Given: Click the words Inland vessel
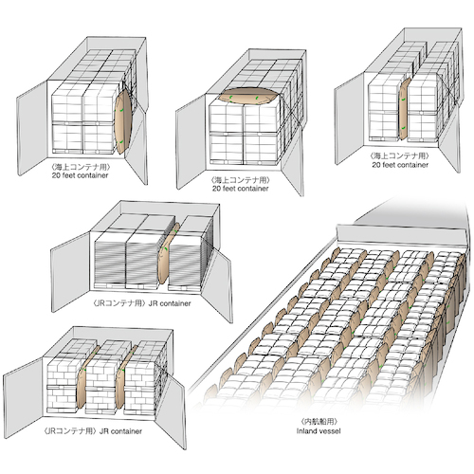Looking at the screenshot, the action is coord(319,431).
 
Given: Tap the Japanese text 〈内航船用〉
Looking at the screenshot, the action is coord(319,421).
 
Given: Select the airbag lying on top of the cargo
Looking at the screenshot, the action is coord(248,95).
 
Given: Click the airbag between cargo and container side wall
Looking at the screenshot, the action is coord(122,121).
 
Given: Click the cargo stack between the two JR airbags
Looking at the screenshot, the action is coord(102,376).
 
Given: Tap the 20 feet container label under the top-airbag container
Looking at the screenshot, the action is coord(241,189).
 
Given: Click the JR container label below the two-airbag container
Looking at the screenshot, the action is coord(120,431).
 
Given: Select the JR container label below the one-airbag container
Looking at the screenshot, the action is coord(170,303).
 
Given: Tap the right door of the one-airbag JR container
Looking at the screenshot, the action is coord(218,284).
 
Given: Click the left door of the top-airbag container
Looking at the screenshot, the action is coord(191,141).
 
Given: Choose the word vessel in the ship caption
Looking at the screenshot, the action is coord(331,431).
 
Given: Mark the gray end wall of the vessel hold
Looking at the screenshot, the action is coord(401,234).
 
